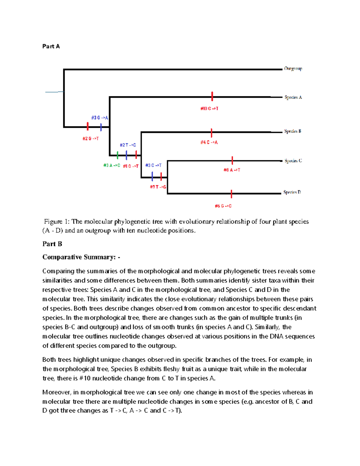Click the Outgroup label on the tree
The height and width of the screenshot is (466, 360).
[x=293, y=69]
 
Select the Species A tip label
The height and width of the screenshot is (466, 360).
[x=293, y=97]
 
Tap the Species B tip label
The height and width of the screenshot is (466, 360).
[x=292, y=131]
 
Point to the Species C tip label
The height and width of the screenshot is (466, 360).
[x=293, y=161]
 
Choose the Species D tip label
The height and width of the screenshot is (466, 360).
[x=292, y=192]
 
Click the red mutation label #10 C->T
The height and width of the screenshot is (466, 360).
[x=209, y=109]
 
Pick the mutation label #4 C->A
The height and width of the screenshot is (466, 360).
[x=209, y=143]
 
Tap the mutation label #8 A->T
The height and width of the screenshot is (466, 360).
[x=232, y=170]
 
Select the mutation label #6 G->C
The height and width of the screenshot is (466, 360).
[x=223, y=206]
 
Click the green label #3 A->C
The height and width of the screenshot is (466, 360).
[x=112, y=165]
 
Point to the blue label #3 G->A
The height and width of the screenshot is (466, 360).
[x=100, y=118]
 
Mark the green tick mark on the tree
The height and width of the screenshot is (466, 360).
[x=117, y=155]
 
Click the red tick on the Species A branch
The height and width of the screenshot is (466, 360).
[x=212, y=96]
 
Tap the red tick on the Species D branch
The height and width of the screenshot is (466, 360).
[x=231, y=194]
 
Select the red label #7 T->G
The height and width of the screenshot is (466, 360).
[x=158, y=187]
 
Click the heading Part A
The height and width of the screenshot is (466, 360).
[x=51, y=46]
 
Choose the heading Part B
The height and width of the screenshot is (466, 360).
[x=52, y=244]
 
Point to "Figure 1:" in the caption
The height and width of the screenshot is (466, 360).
[x=57, y=222]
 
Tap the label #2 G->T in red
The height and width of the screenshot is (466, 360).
[x=91, y=139]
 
